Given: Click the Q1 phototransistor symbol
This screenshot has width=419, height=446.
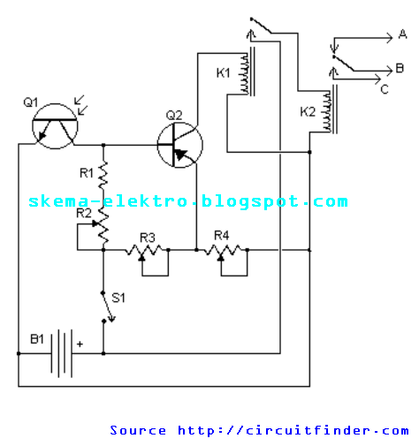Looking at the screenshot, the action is (55, 126).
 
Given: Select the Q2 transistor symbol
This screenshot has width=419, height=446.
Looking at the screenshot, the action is (180, 145).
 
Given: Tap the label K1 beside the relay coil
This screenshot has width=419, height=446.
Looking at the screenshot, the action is (223, 72).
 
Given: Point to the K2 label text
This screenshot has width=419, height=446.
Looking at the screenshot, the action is (308, 112).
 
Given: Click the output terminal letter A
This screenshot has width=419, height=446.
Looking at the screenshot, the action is (402, 34).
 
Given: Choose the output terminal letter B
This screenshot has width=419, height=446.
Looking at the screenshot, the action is (400, 69).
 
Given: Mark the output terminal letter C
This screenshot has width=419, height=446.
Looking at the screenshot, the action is (385, 89).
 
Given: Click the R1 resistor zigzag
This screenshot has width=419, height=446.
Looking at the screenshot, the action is (103, 175).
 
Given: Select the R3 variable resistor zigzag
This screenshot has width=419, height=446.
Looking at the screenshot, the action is (144, 250).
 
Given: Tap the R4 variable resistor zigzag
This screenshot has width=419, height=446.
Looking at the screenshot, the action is (223, 250).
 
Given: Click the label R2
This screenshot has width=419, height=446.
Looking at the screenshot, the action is (84, 213).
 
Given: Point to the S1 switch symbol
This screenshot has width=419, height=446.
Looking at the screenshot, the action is (108, 307).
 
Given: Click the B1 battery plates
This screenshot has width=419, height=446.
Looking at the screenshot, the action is (62, 353).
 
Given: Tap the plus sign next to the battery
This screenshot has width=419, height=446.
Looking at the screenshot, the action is (80, 344).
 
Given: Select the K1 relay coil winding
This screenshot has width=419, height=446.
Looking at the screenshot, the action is (245, 73).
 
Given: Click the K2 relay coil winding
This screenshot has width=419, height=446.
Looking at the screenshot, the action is (327, 111).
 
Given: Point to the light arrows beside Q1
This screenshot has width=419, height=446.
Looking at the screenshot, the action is (80, 105).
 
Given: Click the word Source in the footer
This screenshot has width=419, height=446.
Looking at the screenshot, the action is (138, 430).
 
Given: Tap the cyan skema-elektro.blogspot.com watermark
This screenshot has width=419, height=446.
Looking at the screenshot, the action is (188, 201).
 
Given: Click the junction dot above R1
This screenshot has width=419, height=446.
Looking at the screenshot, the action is (103, 145).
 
